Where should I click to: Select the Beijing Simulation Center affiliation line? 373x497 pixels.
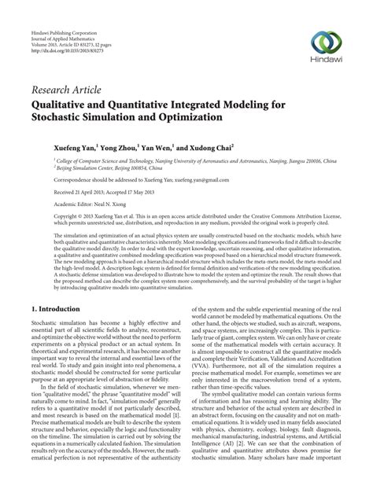click(102, 168)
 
